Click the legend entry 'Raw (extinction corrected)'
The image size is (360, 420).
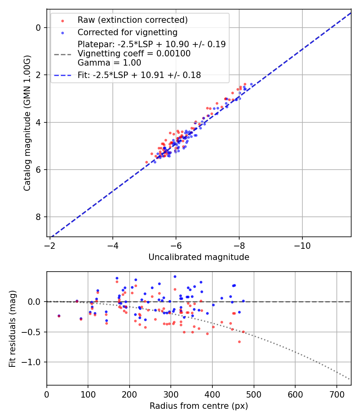pos(132,20)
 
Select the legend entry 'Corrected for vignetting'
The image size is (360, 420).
pos(127,32)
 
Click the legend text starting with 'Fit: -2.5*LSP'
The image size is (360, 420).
pos(139,75)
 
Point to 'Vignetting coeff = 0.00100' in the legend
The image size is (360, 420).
pos(134,54)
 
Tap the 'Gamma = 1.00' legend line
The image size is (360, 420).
pos(109,63)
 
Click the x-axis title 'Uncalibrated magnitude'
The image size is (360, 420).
pos(199,257)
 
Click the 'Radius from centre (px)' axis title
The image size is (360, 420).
pos(199,406)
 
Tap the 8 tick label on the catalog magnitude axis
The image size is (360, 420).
pos(38,217)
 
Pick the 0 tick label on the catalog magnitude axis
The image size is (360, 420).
pos(38,28)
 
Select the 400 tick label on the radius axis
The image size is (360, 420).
pos(212,394)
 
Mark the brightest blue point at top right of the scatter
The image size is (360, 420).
pos(251,84)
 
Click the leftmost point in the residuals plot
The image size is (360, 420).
pos(59,316)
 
